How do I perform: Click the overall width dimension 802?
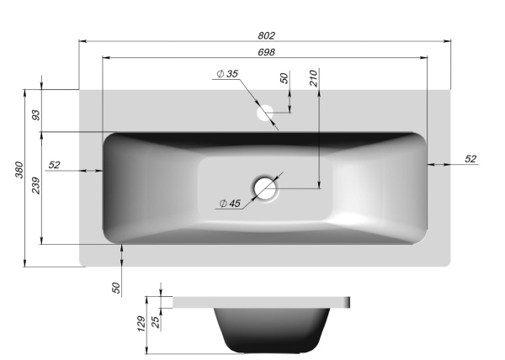[x=266, y=35]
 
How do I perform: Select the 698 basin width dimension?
[x=266, y=52]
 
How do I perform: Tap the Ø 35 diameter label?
[x=227, y=75]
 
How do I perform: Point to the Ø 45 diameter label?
[x=229, y=203]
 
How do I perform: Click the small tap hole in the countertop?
[x=265, y=111]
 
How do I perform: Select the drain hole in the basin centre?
[x=267, y=188]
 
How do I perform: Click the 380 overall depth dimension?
[x=19, y=171]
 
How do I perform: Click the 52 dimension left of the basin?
[x=55, y=165]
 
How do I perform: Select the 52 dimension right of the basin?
[x=470, y=158]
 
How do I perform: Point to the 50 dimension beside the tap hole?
[x=284, y=78]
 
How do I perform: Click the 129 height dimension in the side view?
[x=141, y=323]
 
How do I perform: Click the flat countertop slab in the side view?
[x=261, y=301]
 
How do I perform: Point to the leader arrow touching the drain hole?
[x=278, y=179]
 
